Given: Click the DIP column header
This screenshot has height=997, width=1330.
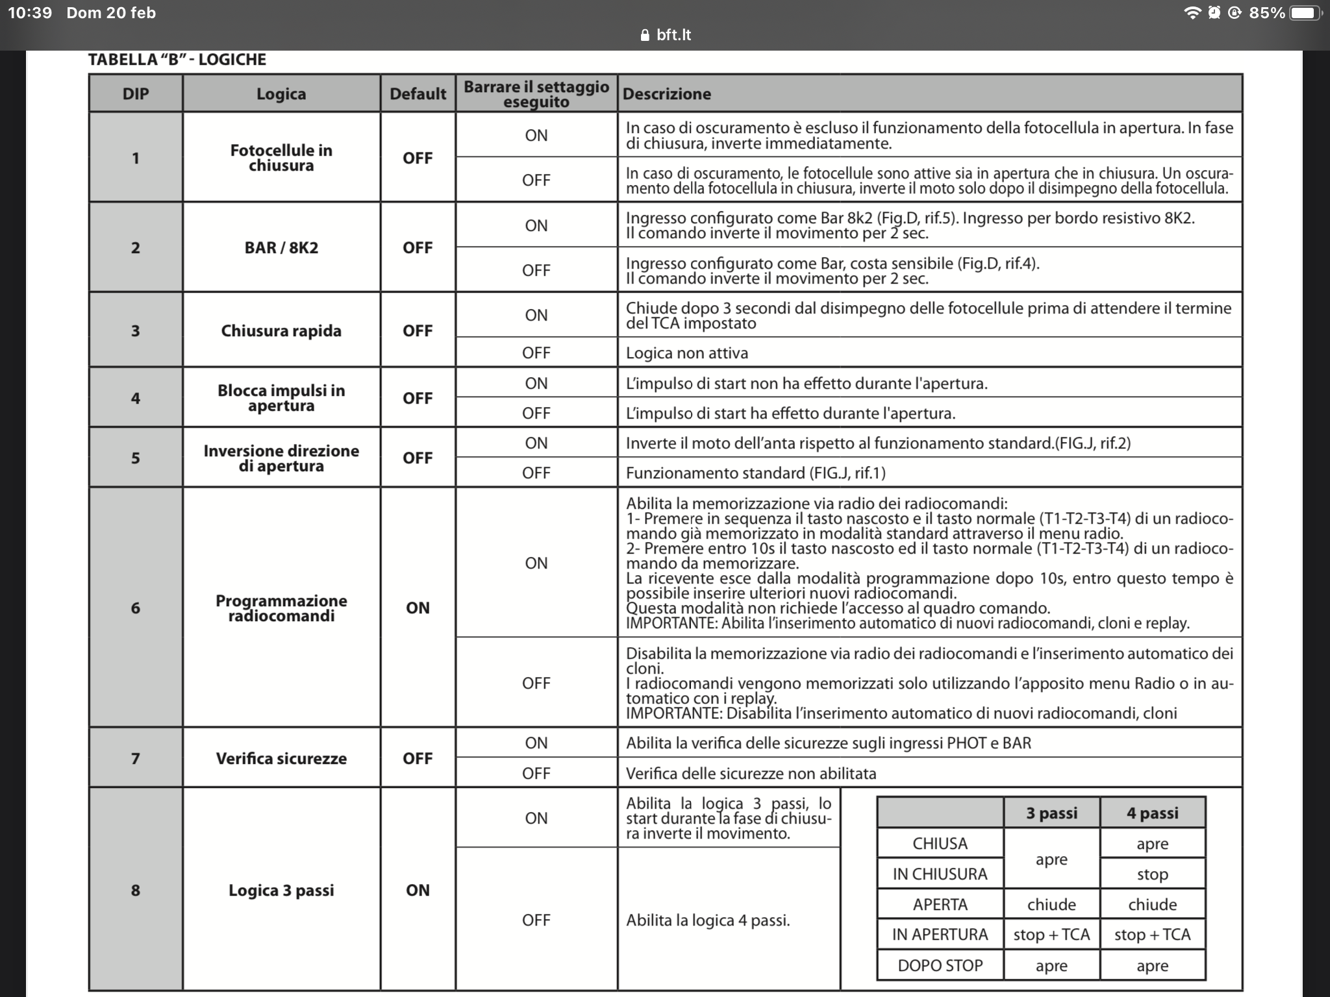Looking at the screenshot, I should tap(135, 93).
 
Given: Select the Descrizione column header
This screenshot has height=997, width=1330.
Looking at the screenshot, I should tap(667, 94).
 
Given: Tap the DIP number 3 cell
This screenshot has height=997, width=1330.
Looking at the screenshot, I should tap(135, 330).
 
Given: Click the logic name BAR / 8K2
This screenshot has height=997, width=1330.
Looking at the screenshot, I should tap(281, 247).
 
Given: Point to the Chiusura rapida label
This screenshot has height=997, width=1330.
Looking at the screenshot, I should tap(281, 330).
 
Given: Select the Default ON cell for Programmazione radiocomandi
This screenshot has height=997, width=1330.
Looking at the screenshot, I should tap(418, 608).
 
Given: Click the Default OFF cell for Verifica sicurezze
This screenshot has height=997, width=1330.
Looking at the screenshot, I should tap(418, 758).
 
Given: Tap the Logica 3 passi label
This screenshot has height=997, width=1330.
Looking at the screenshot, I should tap(281, 890).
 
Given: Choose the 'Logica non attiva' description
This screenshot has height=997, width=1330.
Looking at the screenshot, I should tap(687, 353).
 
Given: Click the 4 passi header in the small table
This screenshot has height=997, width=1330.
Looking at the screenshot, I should tap(1152, 813).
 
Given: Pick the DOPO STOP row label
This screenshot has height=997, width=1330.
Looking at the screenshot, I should tap(940, 965).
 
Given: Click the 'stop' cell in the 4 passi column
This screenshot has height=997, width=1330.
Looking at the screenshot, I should tap(1152, 874).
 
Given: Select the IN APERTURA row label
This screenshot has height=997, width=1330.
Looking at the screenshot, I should tap(940, 935).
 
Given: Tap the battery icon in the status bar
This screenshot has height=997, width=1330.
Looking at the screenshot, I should tap(1305, 13).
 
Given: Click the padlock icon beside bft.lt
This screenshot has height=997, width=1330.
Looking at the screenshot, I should tap(645, 35).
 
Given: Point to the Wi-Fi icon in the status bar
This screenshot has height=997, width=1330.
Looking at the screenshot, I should tap(1192, 13).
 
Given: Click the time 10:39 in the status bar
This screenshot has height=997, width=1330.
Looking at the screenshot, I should tap(30, 13).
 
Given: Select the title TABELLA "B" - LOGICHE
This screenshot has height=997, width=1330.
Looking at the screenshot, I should tap(177, 60).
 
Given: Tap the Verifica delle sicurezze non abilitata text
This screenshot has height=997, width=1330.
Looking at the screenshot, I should tap(751, 773).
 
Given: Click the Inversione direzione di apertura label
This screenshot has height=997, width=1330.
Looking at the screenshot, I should tap(281, 458).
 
